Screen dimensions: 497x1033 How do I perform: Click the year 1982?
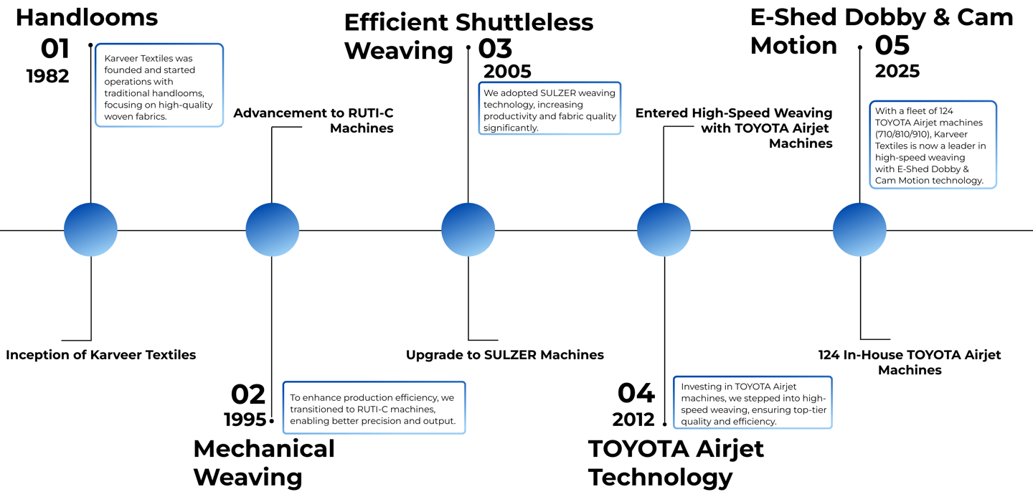(x=47, y=76)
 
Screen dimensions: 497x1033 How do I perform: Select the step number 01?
(x=55, y=49)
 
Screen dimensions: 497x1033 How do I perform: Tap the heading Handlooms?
(x=87, y=16)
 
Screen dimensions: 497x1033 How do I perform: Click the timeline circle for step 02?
(x=272, y=230)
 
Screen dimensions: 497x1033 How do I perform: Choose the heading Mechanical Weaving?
(x=263, y=463)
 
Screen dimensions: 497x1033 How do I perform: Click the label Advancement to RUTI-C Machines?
(x=313, y=120)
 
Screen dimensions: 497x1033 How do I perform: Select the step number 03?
(x=495, y=49)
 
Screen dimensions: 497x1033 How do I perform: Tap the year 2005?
(x=507, y=72)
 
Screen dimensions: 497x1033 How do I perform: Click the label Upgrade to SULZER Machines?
(x=504, y=355)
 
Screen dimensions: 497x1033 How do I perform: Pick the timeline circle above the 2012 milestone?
(x=664, y=230)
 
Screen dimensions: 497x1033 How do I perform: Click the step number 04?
(x=636, y=393)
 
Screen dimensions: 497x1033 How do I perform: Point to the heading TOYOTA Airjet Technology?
(x=676, y=463)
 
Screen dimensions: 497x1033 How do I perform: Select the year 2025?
(x=897, y=72)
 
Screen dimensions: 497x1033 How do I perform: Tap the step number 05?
(x=892, y=46)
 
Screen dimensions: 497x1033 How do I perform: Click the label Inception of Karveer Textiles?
(x=100, y=355)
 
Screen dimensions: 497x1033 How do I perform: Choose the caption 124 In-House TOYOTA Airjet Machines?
(x=909, y=362)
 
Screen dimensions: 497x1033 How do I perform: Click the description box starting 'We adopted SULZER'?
(x=549, y=108)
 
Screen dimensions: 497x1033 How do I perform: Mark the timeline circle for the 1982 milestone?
(x=90, y=230)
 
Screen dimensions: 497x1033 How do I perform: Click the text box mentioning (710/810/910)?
(x=933, y=145)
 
